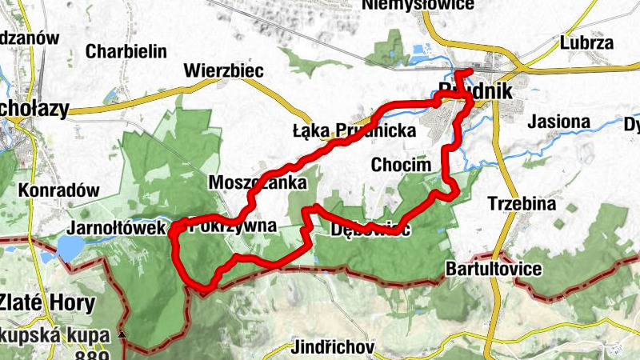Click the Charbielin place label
pyautogui.click(x=126, y=51)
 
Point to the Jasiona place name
pyautogui.click(x=559, y=122)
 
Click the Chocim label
pyautogui.click(x=401, y=165)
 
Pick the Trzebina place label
pyautogui.click(x=522, y=204)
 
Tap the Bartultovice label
pyautogui.click(x=494, y=268)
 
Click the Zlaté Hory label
pyautogui.click(x=48, y=303)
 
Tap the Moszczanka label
pyautogui.click(x=257, y=182)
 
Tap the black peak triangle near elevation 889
pyautogui.click(x=122, y=334)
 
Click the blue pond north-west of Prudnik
pyautogui.click(x=422, y=55)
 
